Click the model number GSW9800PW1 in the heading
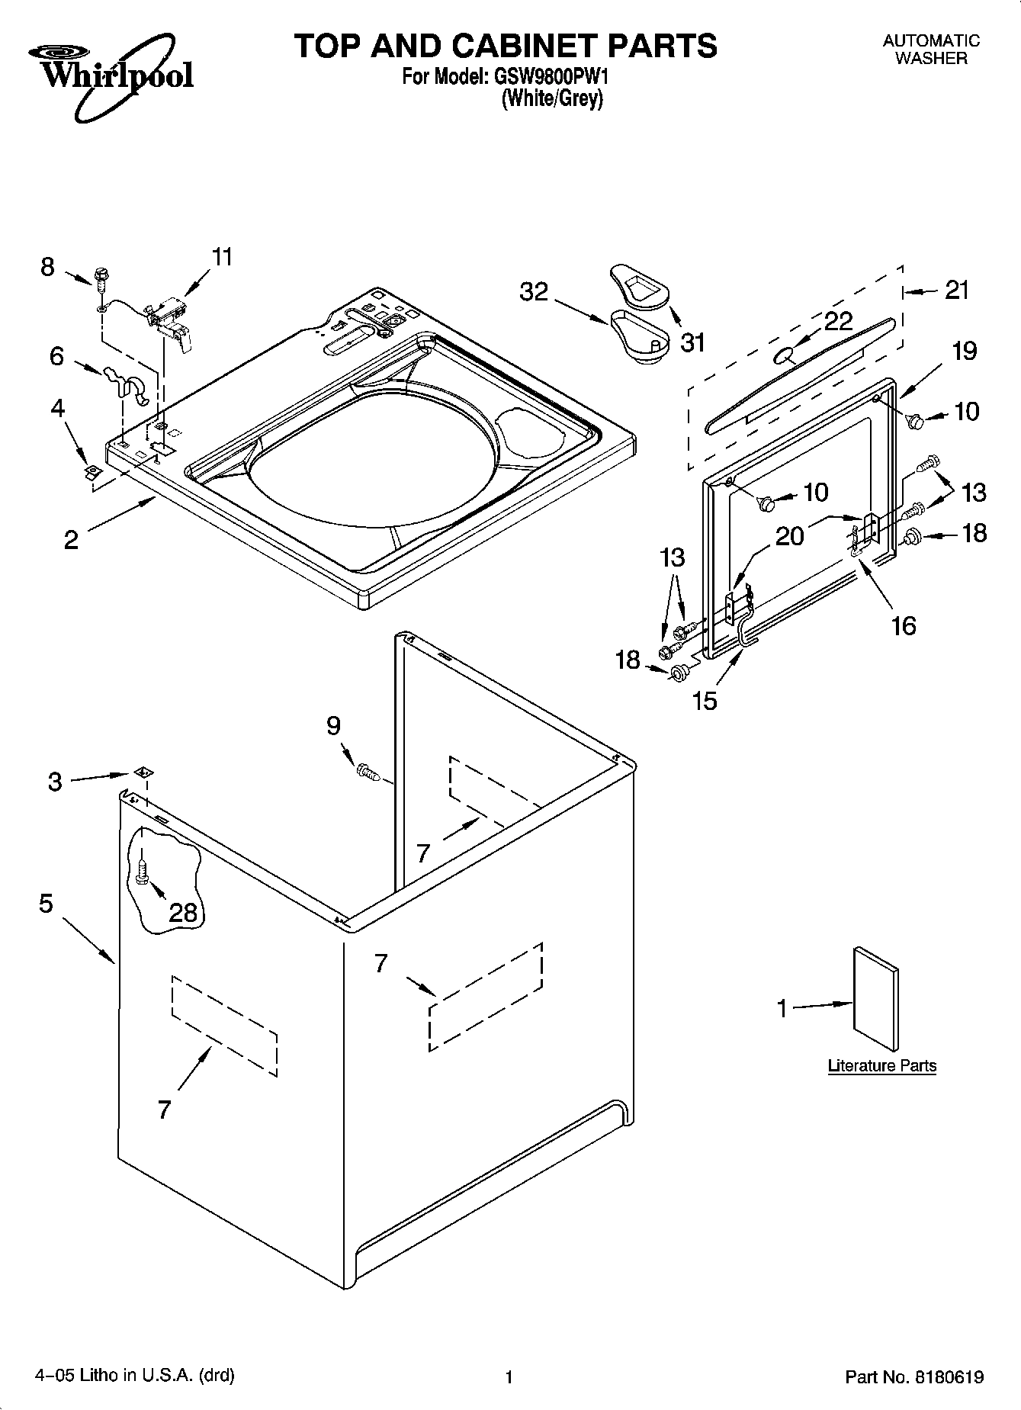(x=551, y=77)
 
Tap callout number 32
(x=534, y=291)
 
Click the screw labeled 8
(x=101, y=278)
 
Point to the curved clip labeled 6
(x=127, y=381)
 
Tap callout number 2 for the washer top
(x=70, y=540)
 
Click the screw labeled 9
(x=368, y=772)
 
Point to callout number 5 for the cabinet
(x=46, y=904)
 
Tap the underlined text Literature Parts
(x=881, y=1066)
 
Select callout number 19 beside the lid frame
(x=964, y=351)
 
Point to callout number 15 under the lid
(x=705, y=701)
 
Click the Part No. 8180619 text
(x=913, y=1377)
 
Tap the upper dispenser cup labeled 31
(x=638, y=288)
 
